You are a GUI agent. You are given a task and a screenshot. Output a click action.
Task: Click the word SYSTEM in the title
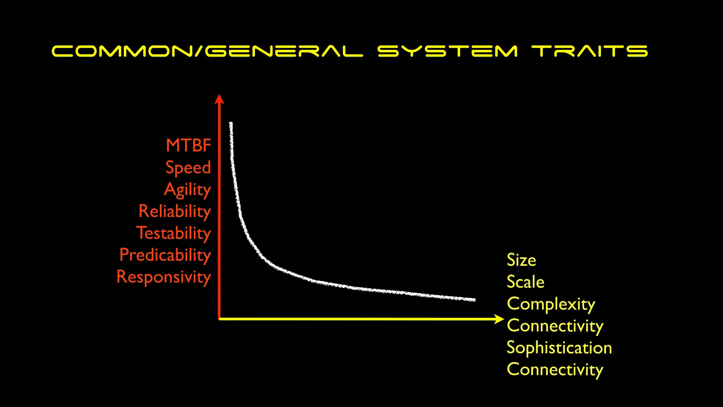[447, 51]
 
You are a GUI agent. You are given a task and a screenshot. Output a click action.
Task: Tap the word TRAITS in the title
[590, 51]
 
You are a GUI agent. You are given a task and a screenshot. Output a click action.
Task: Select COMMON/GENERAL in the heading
[207, 51]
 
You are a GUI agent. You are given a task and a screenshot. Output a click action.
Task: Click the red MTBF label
[189, 145]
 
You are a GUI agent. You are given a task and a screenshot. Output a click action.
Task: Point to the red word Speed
[188, 167]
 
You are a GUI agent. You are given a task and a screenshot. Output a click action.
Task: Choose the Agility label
[187, 190]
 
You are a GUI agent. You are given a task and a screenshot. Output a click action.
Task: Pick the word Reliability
[175, 211]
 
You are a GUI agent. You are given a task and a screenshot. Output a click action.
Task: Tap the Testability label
[174, 233]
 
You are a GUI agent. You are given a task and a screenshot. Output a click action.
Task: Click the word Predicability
[165, 255]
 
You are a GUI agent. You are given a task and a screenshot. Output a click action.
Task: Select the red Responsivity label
[164, 277]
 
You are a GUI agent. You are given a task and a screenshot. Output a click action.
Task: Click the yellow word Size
[521, 260]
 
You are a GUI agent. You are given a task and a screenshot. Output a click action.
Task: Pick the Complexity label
[551, 304]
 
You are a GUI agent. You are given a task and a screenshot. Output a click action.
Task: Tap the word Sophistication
[559, 348]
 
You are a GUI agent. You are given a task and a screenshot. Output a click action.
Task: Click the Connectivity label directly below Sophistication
[555, 370]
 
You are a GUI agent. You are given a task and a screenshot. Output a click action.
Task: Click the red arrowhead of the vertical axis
[219, 99]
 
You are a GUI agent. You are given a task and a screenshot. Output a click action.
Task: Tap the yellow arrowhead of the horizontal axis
[499, 319]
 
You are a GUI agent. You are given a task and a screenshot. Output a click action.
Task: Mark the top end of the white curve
[231, 124]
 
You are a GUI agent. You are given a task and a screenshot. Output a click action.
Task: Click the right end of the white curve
[474, 300]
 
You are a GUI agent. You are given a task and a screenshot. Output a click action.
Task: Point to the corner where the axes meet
[219, 319]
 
